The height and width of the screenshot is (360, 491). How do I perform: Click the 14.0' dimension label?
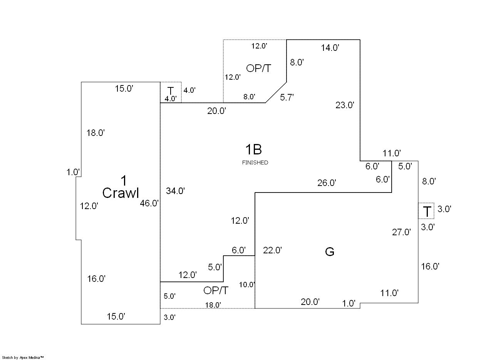[330, 48]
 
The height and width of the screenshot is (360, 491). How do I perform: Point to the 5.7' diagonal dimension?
[287, 97]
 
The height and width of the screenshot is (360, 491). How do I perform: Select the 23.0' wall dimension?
[345, 105]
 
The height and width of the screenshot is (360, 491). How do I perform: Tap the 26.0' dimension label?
[327, 183]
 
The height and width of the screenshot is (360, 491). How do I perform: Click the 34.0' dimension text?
[176, 191]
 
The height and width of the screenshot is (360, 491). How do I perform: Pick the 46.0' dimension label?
[149, 203]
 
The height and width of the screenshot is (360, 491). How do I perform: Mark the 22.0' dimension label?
[272, 250]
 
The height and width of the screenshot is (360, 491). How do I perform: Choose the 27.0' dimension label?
[401, 232]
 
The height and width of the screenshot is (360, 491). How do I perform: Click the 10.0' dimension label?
[247, 285]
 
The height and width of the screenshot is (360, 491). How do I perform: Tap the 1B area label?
[253, 149]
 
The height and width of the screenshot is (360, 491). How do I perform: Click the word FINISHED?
[255, 163]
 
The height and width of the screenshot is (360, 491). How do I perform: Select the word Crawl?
[121, 193]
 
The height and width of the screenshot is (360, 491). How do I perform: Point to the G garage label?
[330, 252]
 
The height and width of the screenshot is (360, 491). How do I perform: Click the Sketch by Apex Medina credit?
[23, 358]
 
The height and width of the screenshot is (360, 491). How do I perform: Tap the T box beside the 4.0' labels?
[170, 91]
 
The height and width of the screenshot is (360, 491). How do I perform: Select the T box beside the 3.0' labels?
[427, 211]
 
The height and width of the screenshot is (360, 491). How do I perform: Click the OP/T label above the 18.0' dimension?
[216, 291]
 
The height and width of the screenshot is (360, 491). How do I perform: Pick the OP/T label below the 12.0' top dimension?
[258, 69]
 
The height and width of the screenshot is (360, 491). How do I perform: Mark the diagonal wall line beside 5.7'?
[276, 92]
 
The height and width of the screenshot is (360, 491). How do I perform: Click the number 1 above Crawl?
[124, 180]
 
